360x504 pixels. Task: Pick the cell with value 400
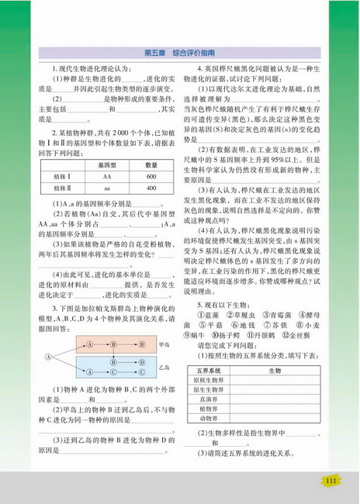click(151, 188)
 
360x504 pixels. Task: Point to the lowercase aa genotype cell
click(103, 188)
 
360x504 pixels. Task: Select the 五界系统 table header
click(210, 371)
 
